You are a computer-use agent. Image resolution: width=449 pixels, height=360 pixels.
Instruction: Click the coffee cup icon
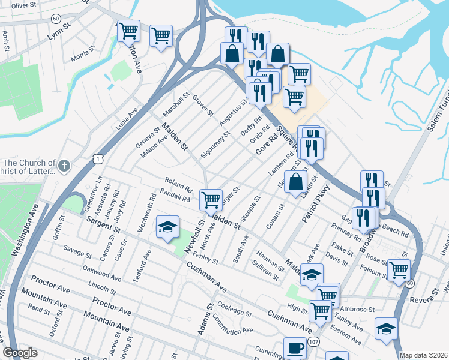point(294,348)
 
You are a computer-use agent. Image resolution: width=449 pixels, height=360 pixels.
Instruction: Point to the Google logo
point(20,353)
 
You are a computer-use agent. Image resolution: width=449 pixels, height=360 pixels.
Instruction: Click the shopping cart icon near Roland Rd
point(211,199)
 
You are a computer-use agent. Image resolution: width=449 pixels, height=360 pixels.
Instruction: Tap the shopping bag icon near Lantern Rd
point(296,181)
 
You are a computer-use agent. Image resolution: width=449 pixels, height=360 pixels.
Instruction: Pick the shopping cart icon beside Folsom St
point(398,270)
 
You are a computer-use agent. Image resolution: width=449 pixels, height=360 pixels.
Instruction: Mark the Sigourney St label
point(215,145)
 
